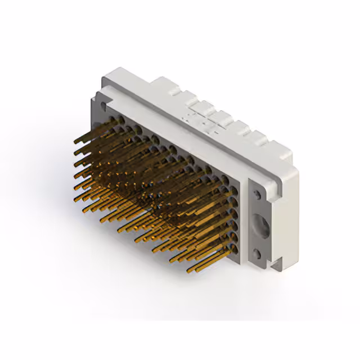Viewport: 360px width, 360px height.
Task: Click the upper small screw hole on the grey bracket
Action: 257,195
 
